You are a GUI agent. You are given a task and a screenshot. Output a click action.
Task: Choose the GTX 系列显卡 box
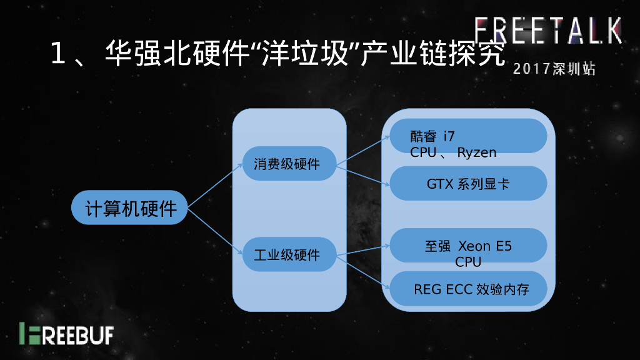coord(468,184)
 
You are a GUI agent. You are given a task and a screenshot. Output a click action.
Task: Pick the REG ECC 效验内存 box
coord(468,289)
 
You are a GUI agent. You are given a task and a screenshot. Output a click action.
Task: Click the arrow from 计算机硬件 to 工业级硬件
coord(215,231)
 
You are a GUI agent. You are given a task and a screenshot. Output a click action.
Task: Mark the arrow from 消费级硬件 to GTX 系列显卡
coord(362,176)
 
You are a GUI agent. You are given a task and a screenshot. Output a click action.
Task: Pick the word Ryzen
coord(477,152)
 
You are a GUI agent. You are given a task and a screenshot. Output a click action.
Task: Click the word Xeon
coord(474,246)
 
